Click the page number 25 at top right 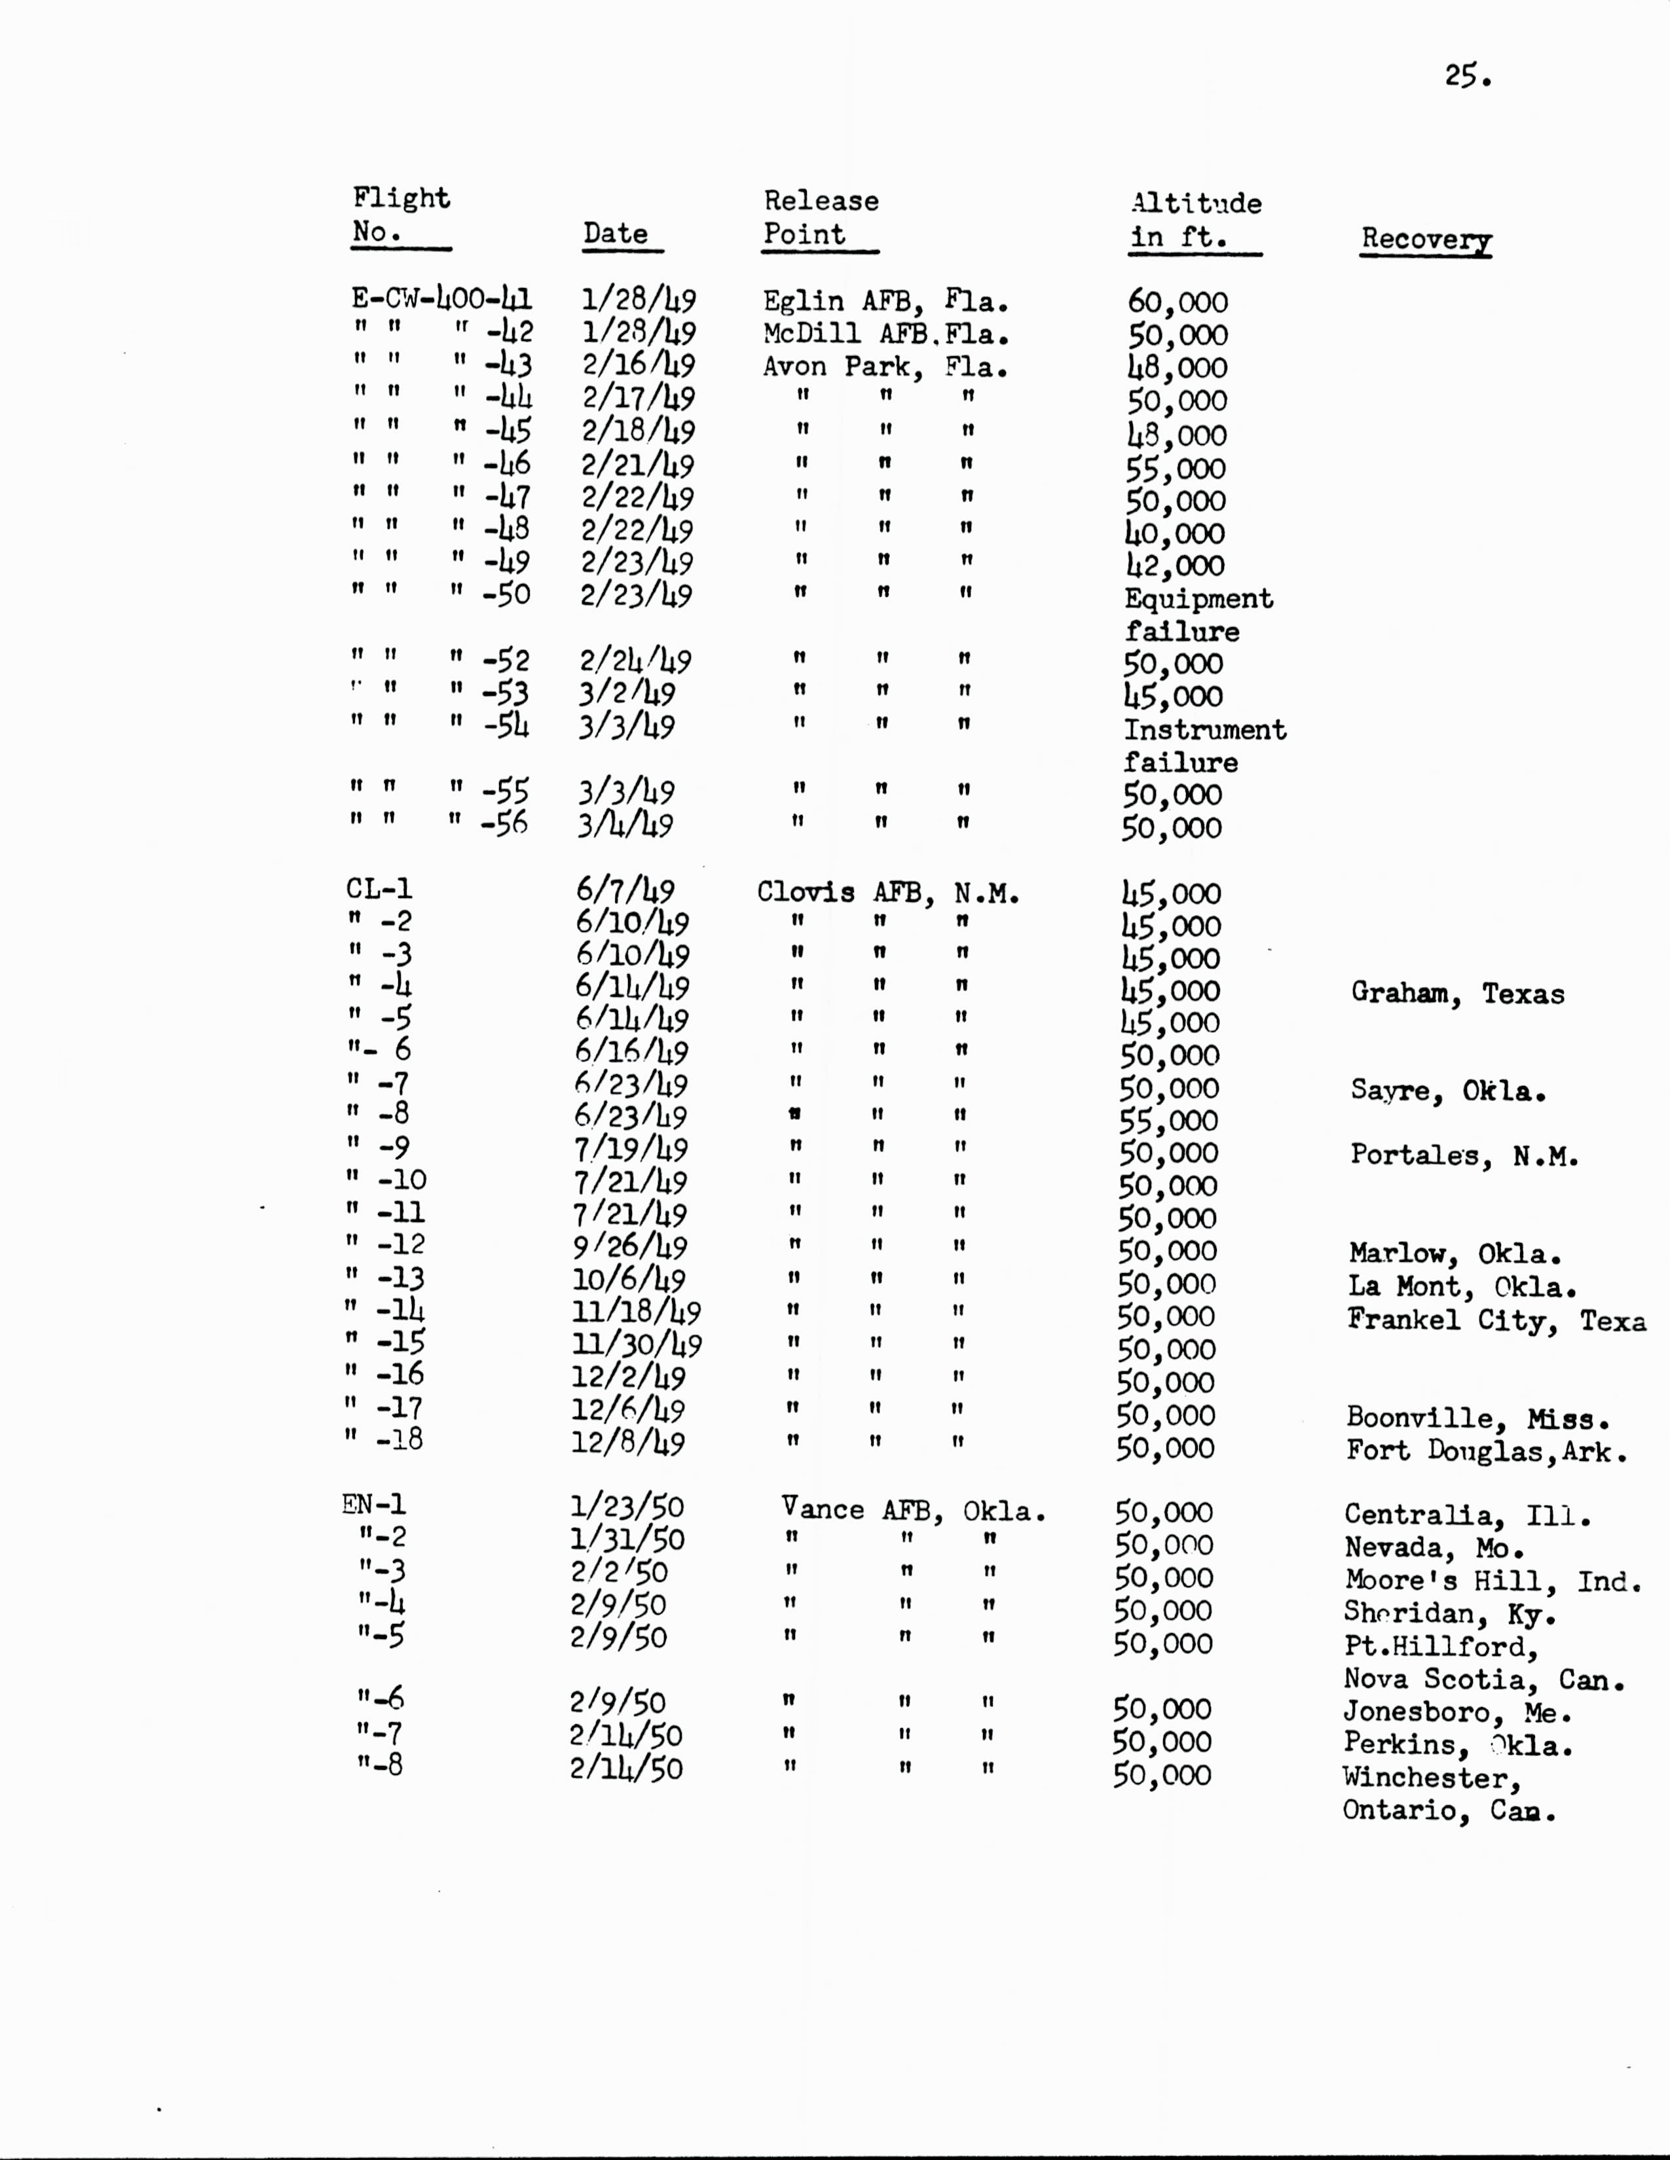click(x=1466, y=76)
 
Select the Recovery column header click(x=1426, y=240)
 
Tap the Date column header click(x=616, y=234)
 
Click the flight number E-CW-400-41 click(x=441, y=298)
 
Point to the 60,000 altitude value click(x=1178, y=302)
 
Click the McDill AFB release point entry click(x=885, y=334)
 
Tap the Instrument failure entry click(x=1204, y=746)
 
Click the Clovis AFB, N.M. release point click(x=887, y=893)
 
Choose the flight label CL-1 click(x=379, y=888)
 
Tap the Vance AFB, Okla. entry click(x=912, y=1510)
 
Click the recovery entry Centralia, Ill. click(x=1466, y=1515)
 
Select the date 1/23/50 click(x=626, y=1507)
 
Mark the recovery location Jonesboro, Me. click(x=1457, y=1712)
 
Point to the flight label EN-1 click(x=374, y=1505)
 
